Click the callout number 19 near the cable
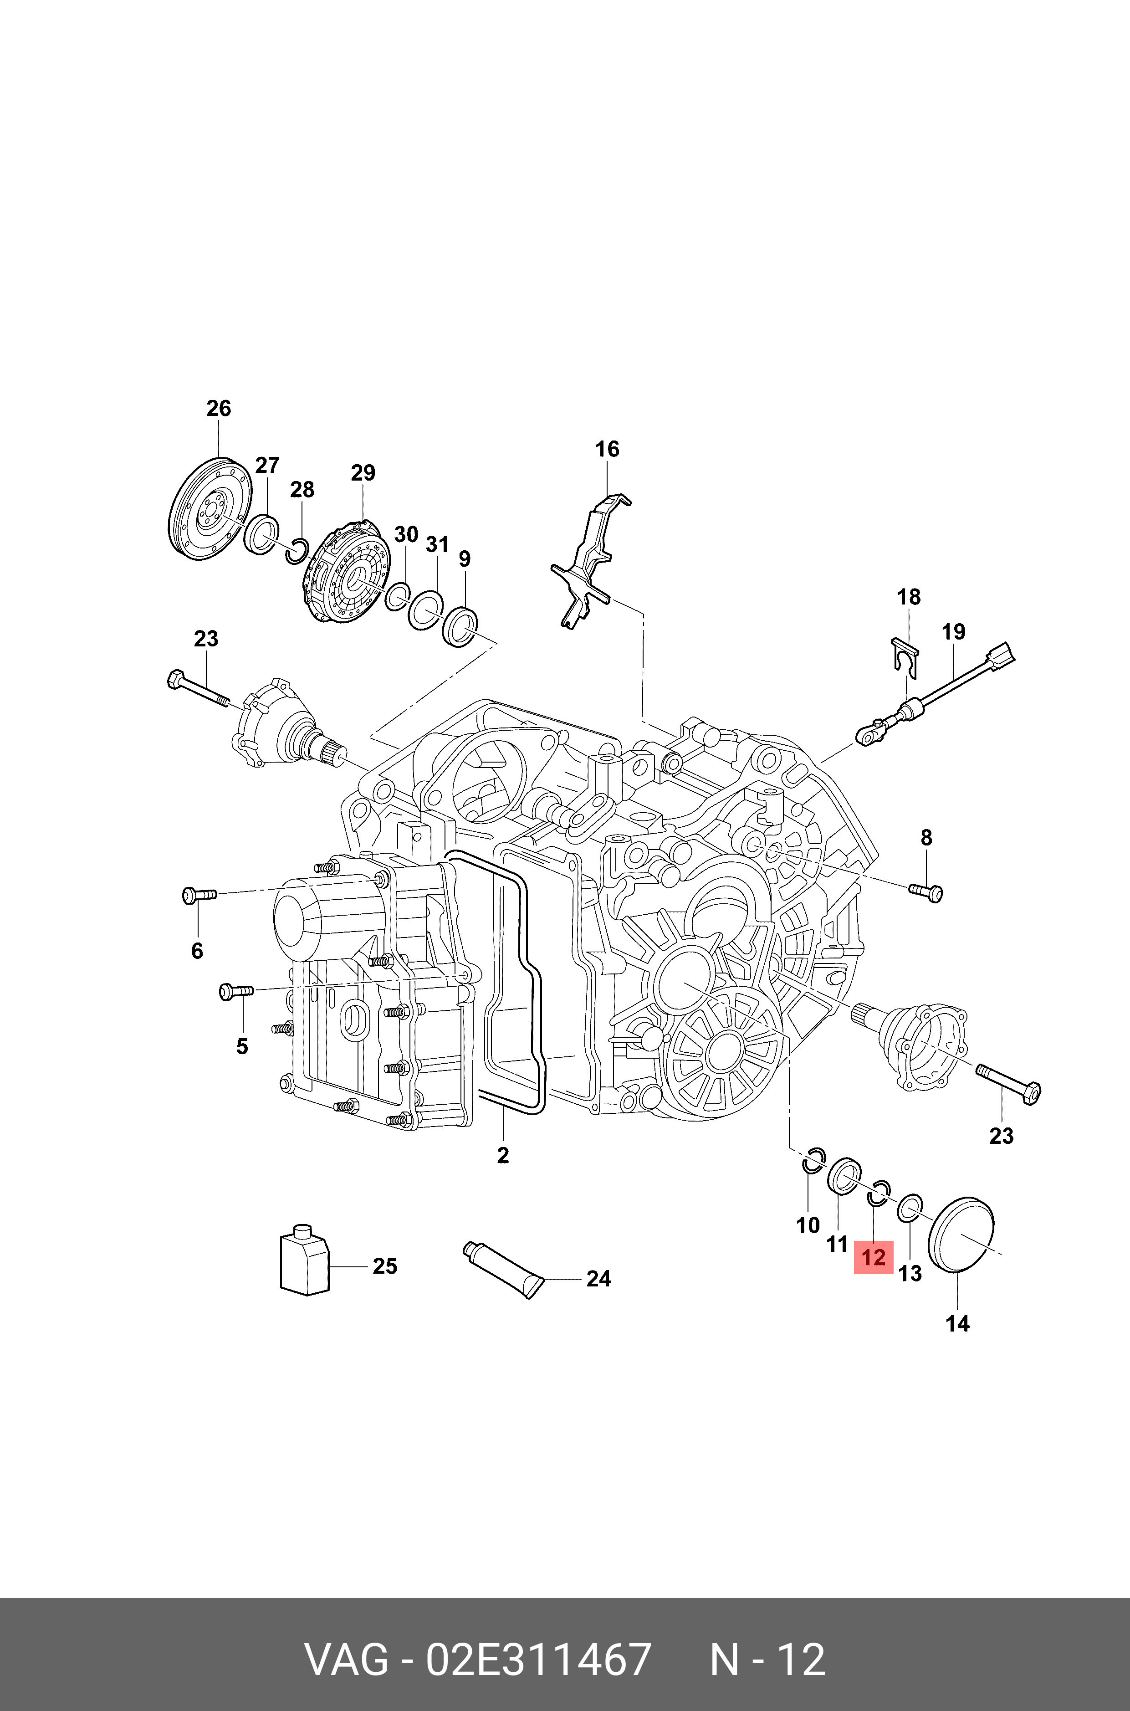tap(953, 632)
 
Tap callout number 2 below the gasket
tap(503, 1155)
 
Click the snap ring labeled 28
tap(297, 551)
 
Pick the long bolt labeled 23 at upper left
tap(198, 689)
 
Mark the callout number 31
tap(437, 544)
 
